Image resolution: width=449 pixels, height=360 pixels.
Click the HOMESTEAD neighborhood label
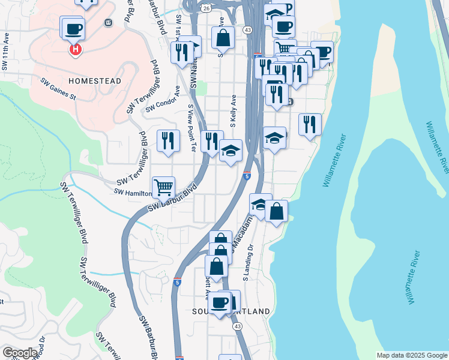95,80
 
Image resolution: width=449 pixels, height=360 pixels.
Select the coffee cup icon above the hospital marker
73,28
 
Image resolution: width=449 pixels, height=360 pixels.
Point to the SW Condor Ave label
163,100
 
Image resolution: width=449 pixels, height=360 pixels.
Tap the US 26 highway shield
206,8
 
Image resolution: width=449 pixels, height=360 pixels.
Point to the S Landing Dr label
247,264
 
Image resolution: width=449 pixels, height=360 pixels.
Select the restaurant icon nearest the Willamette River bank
310,125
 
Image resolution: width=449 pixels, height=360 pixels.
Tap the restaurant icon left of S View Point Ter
169,141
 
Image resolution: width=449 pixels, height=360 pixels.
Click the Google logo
20,353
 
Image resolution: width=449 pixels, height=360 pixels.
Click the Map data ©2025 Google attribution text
411,355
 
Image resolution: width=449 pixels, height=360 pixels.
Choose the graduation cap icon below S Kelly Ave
231,151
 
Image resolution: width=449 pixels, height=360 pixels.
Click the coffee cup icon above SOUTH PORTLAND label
220,302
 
